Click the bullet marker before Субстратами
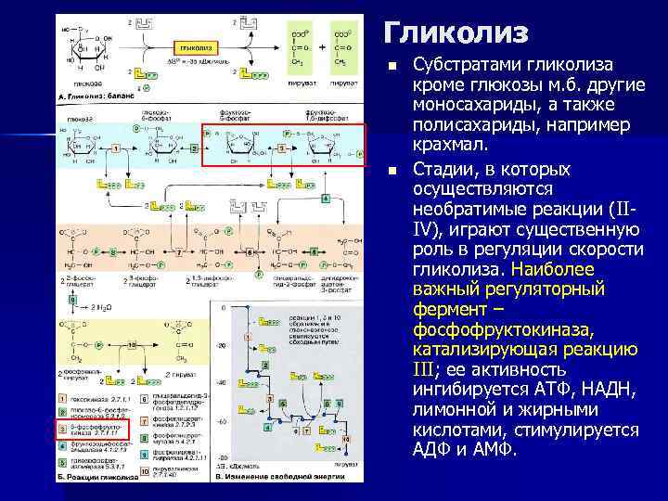click(x=392, y=66)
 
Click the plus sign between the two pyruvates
click(x=322, y=45)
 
